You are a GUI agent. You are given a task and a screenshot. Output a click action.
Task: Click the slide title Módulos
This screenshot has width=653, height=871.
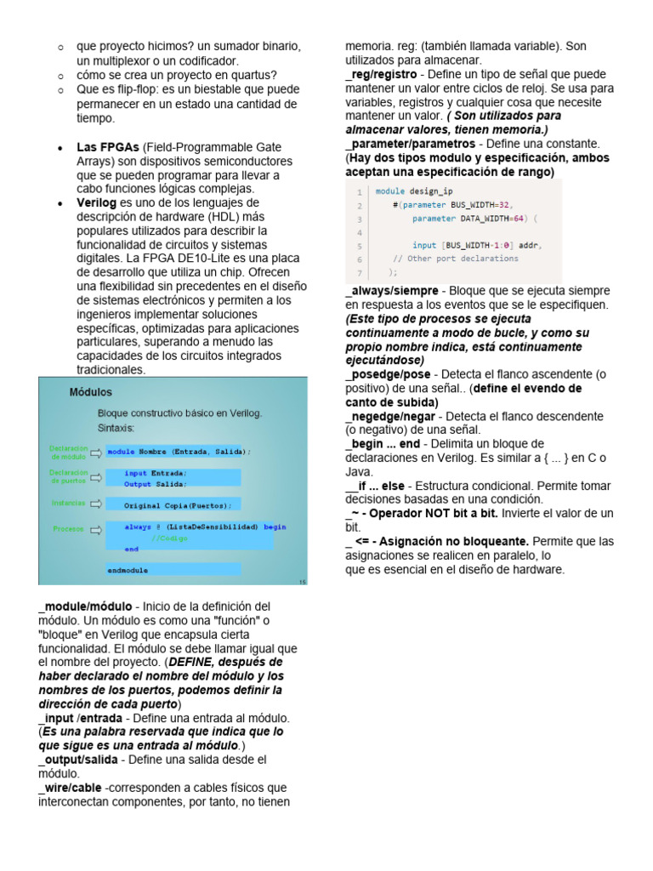click(x=90, y=392)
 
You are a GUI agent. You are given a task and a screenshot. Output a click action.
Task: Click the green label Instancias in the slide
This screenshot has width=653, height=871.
click(x=69, y=503)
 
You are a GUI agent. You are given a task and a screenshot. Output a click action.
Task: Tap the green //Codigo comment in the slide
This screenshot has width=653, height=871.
click(x=171, y=538)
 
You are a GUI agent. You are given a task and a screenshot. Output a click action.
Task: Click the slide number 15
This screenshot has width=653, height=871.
click(x=303, y=582)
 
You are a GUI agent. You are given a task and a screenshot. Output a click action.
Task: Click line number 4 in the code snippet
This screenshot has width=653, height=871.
click(x=360, y=232)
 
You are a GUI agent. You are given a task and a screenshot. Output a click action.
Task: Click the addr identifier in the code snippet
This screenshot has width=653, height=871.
click(x=527, y=246)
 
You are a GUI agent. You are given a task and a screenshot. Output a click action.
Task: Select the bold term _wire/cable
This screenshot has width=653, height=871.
click(x=70, y=788)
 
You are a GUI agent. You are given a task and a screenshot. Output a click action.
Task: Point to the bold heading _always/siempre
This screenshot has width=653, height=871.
click(x=392, y=291)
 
